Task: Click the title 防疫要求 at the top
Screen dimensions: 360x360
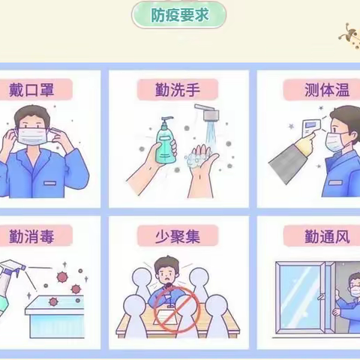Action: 179,14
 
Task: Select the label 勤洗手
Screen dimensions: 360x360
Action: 178,91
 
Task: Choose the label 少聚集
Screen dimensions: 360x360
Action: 178,237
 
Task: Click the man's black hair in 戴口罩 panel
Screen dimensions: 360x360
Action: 36,114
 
